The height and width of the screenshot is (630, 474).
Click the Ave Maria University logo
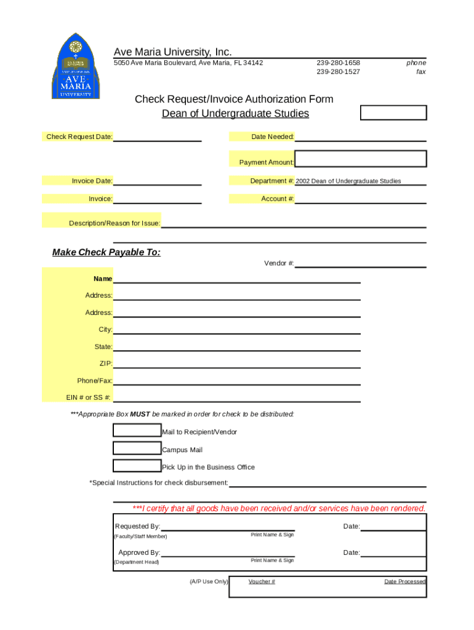click(75, 66)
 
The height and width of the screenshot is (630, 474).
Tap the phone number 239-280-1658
click(338, 63)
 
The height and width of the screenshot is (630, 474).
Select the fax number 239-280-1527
click(338, 72)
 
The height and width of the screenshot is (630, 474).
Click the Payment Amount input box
click(361, 159)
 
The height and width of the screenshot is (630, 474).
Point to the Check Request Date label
click(79, 137)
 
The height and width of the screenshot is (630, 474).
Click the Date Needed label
click(272, 137)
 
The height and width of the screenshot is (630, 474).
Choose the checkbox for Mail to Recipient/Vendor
click(137, 431)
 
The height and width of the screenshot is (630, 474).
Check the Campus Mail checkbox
click(137, 449)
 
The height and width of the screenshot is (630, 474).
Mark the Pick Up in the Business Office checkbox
click(137, 466)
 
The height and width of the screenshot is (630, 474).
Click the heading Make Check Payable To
click(106, 252)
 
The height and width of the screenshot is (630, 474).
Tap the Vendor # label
click(279, 263)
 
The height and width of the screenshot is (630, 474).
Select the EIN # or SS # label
click(89, 397)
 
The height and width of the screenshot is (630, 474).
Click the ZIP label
click(106, 364)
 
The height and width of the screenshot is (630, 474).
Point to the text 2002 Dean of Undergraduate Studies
click(348, 181)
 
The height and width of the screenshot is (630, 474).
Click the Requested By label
click(137, 526)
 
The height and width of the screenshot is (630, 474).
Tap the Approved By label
click(139, 552)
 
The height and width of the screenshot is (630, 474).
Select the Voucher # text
click(262, 581)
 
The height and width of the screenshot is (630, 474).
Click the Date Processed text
click(404, 581)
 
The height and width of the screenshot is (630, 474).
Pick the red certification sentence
click(279, 508)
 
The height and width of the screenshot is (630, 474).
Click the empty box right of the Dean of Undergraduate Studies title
click(393, 113)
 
